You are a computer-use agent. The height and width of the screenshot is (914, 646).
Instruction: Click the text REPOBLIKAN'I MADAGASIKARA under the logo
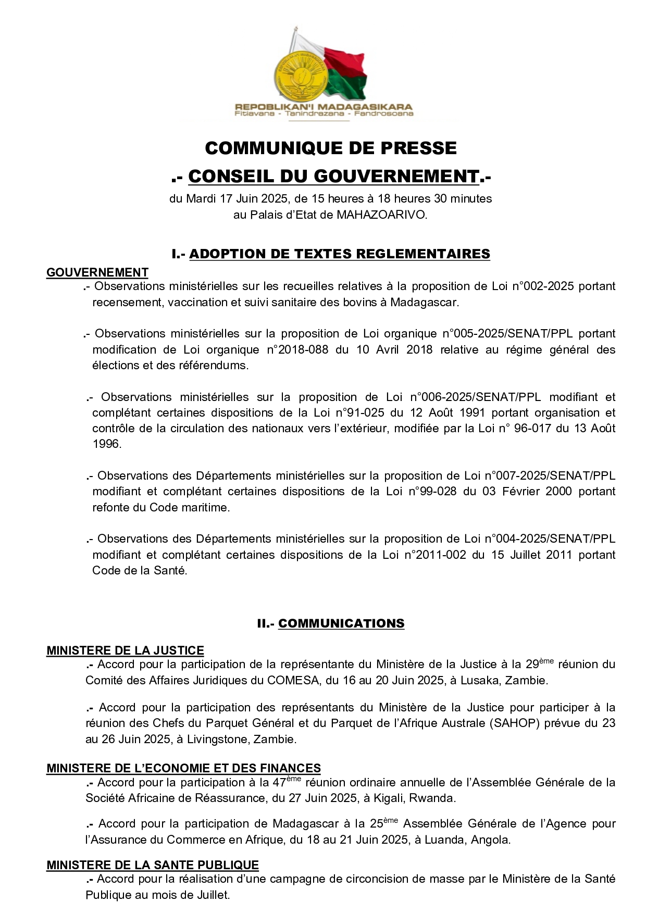pos(323,107)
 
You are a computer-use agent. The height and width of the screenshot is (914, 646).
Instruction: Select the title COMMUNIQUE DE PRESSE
pos(331,148)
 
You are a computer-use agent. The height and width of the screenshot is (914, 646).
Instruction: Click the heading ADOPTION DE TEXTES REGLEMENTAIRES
pos(339,254)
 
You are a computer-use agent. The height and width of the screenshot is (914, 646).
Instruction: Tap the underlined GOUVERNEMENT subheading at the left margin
pos(97,272)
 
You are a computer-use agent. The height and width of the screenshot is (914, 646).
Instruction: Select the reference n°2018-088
pos(297,349)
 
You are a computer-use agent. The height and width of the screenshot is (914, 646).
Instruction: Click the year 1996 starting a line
pos(106,444)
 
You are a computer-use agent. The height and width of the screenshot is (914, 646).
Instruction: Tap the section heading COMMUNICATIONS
pos(341,623)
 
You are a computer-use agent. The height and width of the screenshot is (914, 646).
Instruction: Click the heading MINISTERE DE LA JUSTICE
pos(125,650)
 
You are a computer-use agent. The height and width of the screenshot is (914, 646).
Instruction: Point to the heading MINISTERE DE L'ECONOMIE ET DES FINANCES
pos(183,768)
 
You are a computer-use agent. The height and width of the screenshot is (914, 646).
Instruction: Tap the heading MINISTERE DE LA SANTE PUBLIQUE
pos(153,865)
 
